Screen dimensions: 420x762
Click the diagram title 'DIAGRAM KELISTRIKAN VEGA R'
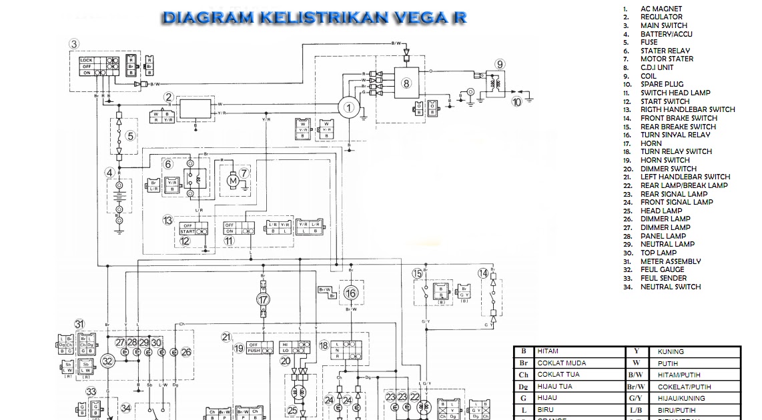(x=314, y=17)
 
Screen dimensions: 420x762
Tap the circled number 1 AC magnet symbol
(x=347, y=107)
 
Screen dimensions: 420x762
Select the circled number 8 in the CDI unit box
(x=406, y=83)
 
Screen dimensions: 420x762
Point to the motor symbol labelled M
(x=233, y=179)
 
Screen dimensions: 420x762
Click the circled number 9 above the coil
(x=499, y=65)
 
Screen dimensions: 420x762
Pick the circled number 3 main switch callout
(x=74, y=44)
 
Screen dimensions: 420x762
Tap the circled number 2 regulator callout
(x=169, y=97)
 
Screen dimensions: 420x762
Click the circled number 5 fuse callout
(x=131, y=137)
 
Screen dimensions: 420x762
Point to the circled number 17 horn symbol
(x=264, y=300)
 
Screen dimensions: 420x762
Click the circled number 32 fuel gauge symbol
(x=107, y=361)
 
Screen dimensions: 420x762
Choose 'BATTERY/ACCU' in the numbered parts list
(x=666, y=34)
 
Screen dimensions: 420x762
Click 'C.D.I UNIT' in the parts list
(x=657, y=67)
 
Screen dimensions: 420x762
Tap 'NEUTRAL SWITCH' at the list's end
(x=670, y=287)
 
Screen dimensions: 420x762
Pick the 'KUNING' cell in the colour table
(x=670, y=351)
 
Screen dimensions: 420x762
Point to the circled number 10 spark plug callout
(x=516, y=102)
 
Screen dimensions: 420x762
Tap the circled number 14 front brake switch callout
(x=483, y=273)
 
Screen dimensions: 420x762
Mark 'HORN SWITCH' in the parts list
(x=665, y=160)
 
